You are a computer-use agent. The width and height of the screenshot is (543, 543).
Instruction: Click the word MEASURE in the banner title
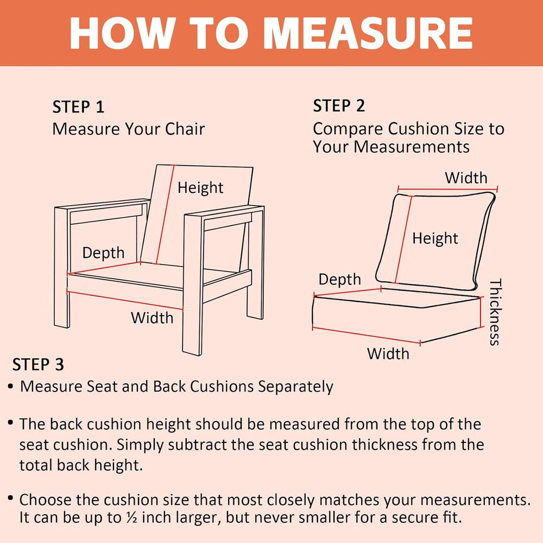coord(368,33)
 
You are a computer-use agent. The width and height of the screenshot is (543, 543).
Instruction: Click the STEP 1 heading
coord(78,107)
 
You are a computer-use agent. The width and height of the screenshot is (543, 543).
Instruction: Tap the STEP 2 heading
coord(339,106)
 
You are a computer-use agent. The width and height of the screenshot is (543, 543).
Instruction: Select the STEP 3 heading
coord(38,365)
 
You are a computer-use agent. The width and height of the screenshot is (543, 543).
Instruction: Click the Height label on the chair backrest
coord(200,188)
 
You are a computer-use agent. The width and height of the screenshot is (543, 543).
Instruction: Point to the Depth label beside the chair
coord(103,253)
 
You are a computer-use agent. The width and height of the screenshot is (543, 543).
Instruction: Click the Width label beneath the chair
coord(152,318)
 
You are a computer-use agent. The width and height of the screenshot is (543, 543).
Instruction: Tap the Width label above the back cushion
coord(466,178)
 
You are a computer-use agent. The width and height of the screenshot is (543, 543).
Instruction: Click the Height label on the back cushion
coord(435,238)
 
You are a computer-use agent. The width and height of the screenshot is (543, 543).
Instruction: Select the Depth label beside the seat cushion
coord(339,280)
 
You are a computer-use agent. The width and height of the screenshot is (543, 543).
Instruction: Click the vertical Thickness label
coord(495,312)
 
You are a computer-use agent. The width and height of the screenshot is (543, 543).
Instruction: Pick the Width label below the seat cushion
coord(388,354)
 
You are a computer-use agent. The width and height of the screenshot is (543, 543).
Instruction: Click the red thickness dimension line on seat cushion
coord(481,312)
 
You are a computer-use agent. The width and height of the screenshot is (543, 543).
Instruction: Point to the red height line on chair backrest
coord(165,214)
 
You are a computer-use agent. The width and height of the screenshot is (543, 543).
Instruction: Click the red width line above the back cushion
coord(447,190)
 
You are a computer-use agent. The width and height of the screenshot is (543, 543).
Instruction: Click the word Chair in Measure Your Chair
coord(185,129)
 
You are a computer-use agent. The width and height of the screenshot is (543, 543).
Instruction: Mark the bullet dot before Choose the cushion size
coord(11,498)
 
